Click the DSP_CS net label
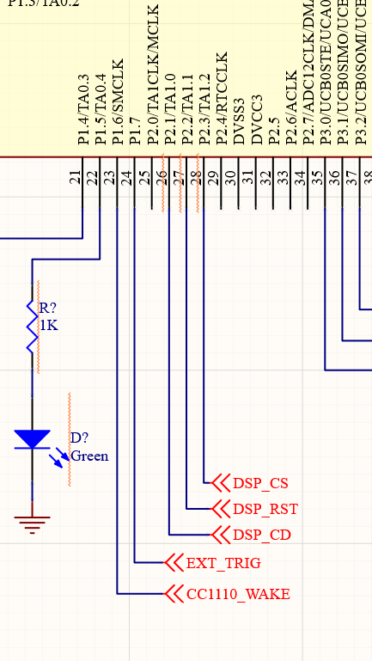(x=260, y=483)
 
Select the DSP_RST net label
(x=265, y=509)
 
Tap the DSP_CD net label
(x=261, y=535)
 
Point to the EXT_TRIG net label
(x=223, y=564)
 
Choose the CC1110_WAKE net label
(x=237, y=594)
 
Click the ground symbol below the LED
(x=33, y=521)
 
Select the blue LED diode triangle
(x=33, y=439)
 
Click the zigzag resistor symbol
(x=33, y=327)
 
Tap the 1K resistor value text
(x=48, y=325)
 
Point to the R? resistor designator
(x=48, y=309)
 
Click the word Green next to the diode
(x=89, y=456)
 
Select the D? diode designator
(x=79, y=438)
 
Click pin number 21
(x=76, y=178)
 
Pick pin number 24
(x=127, y=178)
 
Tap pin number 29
(x=213, y=178)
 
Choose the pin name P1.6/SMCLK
(x=118, y=102)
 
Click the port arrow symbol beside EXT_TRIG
(x=174, y=564)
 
